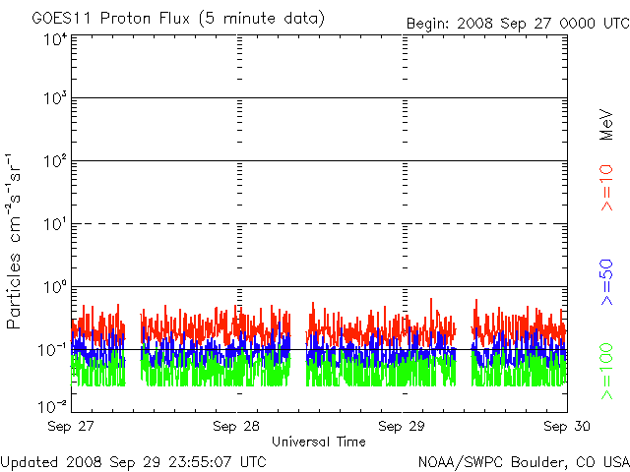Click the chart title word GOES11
[63, 18]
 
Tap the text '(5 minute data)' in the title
[262, 19]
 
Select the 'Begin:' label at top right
[427, 24]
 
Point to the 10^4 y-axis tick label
[56, 40]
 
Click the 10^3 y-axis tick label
[56, 98]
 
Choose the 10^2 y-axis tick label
[56, 161]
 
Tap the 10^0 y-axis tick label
[56, 288]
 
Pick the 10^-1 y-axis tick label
[53, 350]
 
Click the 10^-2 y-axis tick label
[53, 407]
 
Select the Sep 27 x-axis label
[71, 426]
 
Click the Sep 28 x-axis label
[236, 426]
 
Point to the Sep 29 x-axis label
[402, 426]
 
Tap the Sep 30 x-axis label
[567, 426]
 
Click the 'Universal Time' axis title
[319, 442]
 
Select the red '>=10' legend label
[606, 188]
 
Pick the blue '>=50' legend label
[606, 282]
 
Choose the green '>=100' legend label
[606, 372]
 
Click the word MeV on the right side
[606, 125]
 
